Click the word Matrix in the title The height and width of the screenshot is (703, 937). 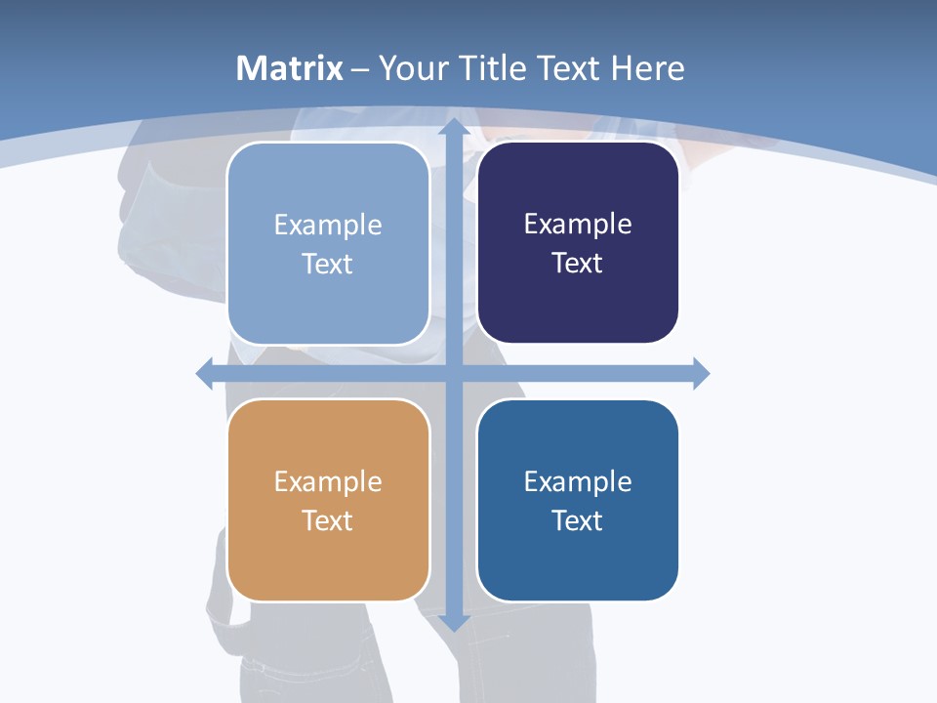289,68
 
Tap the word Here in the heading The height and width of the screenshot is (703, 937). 647,68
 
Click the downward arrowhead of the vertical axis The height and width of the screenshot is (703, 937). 453,621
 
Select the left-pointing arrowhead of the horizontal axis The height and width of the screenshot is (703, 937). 205,373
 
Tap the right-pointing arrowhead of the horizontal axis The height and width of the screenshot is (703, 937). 701,373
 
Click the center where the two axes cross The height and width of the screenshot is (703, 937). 453,373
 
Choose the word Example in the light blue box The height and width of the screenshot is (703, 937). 328,226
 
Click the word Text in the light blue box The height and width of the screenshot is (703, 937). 328,264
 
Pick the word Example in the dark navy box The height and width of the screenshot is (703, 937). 578,225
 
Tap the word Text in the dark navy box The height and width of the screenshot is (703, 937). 578,263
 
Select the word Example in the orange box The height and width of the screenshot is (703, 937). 328,481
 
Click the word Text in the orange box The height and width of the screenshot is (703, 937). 328,520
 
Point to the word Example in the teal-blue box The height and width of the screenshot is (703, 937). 578,481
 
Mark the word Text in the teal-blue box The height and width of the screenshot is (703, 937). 578,520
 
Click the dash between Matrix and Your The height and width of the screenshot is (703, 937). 360,69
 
